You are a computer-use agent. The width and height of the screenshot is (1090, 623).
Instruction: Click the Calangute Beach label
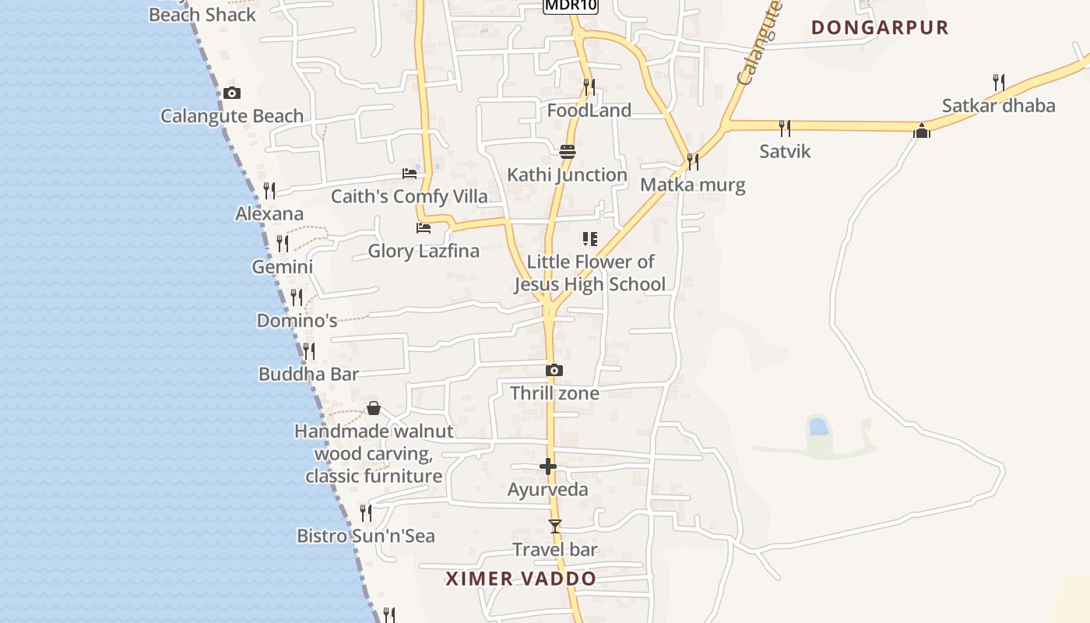click(232, 116)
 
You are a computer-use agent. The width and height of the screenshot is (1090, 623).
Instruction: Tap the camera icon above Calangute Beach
click(231, 93)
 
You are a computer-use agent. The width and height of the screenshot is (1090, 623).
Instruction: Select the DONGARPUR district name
click(880, 27)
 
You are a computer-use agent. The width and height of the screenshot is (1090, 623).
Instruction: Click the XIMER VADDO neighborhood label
click(521, 579)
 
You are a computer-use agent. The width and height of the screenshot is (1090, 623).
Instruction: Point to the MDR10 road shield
click(571, 5)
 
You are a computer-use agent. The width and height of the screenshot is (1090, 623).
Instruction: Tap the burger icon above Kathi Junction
click(567, 151)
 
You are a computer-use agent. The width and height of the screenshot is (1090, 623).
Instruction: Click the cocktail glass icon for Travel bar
click(554, 526)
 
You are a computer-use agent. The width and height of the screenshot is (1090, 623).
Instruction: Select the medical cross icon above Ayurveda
click(548, 466)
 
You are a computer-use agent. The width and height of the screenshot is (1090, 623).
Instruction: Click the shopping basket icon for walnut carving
click(374, 408)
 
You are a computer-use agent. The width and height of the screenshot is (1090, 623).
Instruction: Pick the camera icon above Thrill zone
click(554, 371)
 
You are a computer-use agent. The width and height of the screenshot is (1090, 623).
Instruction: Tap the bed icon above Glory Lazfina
click(424, 228)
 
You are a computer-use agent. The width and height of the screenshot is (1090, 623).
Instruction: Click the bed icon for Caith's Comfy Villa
click(410, 173)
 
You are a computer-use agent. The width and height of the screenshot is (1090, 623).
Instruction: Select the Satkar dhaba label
click(998, 106)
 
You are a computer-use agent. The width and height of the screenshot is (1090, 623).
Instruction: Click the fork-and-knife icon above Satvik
click(785, 128)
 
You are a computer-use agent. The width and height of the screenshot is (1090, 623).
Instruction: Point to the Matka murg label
click(692, 185)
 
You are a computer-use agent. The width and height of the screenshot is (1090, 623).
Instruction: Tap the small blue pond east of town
click(818, 426)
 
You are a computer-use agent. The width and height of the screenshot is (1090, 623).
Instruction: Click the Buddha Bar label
click(308, 374)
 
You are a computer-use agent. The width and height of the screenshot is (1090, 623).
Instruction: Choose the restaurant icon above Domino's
click(297, 297)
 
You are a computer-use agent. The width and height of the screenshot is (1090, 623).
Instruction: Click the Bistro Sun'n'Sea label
click(365, 536)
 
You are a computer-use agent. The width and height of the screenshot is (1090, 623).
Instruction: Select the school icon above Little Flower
click(590, 238)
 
